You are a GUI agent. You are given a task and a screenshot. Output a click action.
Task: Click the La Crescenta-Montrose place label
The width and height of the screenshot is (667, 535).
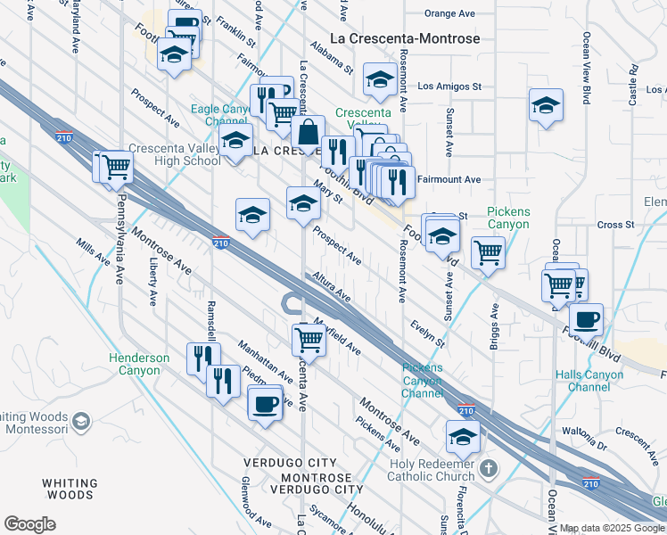click(x=405, y=39)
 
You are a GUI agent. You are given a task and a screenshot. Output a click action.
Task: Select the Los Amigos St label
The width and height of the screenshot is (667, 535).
click(x=449, y=86)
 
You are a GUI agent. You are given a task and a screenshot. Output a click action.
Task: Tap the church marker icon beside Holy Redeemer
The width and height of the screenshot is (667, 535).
click(x=488, y=468)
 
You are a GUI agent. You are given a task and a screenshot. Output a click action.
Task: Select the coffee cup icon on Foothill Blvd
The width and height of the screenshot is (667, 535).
click(x=585, y=319)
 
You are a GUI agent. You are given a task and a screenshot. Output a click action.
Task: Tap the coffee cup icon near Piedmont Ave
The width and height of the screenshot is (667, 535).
click(x=265, y=404)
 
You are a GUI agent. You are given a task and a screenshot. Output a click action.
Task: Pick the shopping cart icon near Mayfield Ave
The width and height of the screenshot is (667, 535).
click(x=308, y=338)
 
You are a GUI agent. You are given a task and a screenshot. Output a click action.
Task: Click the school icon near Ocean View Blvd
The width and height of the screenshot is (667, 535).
click(x=545, y=105)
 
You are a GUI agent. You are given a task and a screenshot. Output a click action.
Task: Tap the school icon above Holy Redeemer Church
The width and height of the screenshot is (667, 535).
click(x=463, y=436)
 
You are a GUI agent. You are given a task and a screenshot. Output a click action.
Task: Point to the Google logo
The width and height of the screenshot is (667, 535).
click(x=29, y=524)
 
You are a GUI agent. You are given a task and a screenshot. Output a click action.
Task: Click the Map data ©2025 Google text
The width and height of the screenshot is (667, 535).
click(x=612, y=528)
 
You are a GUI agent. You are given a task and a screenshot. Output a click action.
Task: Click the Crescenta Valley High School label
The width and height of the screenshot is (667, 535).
click(x=174, y=154)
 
